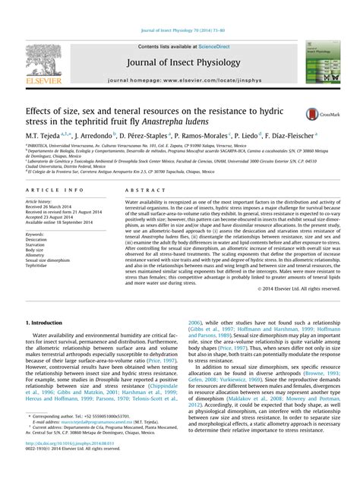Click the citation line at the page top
coord(179,31)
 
